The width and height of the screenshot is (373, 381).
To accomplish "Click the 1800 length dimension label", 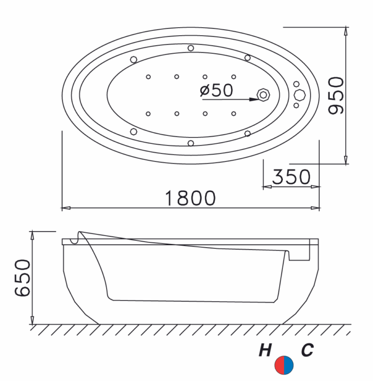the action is pos(190,198).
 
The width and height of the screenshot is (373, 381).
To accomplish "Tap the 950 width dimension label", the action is pos(336,95).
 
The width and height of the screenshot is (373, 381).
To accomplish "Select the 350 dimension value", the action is pos(291,177).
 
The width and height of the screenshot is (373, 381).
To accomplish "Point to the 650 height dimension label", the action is pos(22,278).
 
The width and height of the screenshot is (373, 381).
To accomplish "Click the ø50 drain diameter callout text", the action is pos(216,90).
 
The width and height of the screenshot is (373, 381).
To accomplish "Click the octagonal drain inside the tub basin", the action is pos(263,95).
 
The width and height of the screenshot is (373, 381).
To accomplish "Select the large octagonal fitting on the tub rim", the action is pos(299,95).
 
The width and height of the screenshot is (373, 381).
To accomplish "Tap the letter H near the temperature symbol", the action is pos(265,350).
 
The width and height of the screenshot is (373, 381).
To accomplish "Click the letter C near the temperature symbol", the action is pos(307,350).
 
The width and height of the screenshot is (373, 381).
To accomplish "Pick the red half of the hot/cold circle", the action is pos(279,365).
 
